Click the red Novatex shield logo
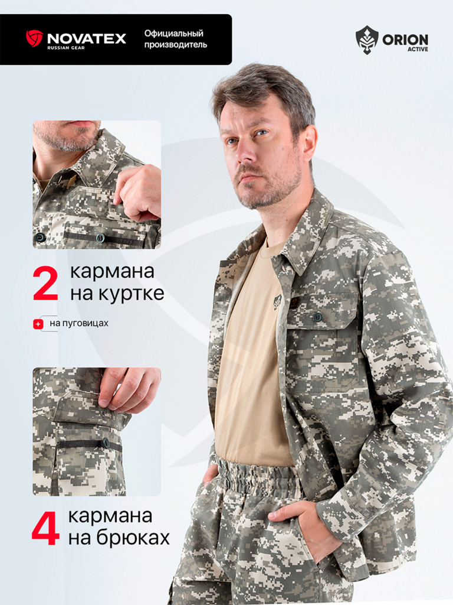pos(34,38)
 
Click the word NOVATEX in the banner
pos(87,38)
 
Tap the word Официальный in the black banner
pos(174,34)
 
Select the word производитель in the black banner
pos(176,45)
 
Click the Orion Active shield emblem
pos(367,40)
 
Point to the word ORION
pos(405,40)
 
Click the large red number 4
pos(45,528)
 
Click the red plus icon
pos(38,324)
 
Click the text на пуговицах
pos(79,323)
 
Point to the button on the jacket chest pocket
pos(317,317)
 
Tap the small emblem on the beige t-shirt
pos(277,301)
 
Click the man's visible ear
pos(309,143)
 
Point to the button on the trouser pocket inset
pos(106,443)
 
